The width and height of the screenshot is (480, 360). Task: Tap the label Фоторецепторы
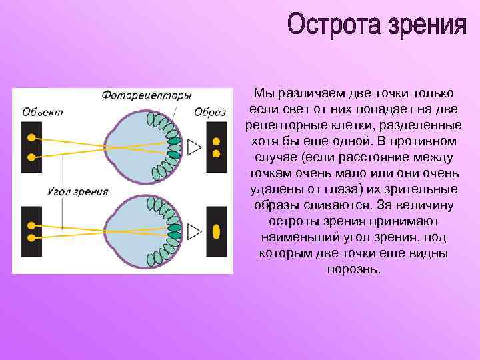[x=147, y=95]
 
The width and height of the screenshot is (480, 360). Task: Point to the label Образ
[x=210, y=112]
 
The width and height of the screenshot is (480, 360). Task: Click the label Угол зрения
[x=79, y=192]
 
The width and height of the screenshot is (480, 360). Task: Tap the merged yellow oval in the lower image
[x=216, y=231]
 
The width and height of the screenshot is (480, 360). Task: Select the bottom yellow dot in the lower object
[x=31, y=237]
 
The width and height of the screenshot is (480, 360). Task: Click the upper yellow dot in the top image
[x=216, y=141]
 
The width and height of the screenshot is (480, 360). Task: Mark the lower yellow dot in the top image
[x=216, y=153]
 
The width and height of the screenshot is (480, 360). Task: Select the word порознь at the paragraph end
[x=354, y=269]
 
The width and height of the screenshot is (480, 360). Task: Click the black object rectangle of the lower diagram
[x=31, y=231]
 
